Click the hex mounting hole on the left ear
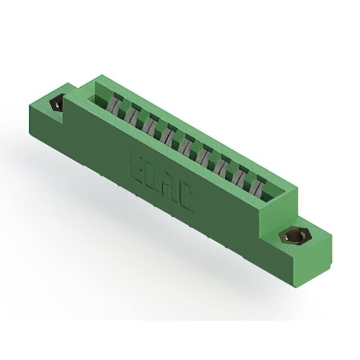click(57, 105)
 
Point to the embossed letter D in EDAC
click(153, 175)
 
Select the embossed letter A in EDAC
click(170, 187)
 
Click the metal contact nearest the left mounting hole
click(114, 105)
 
